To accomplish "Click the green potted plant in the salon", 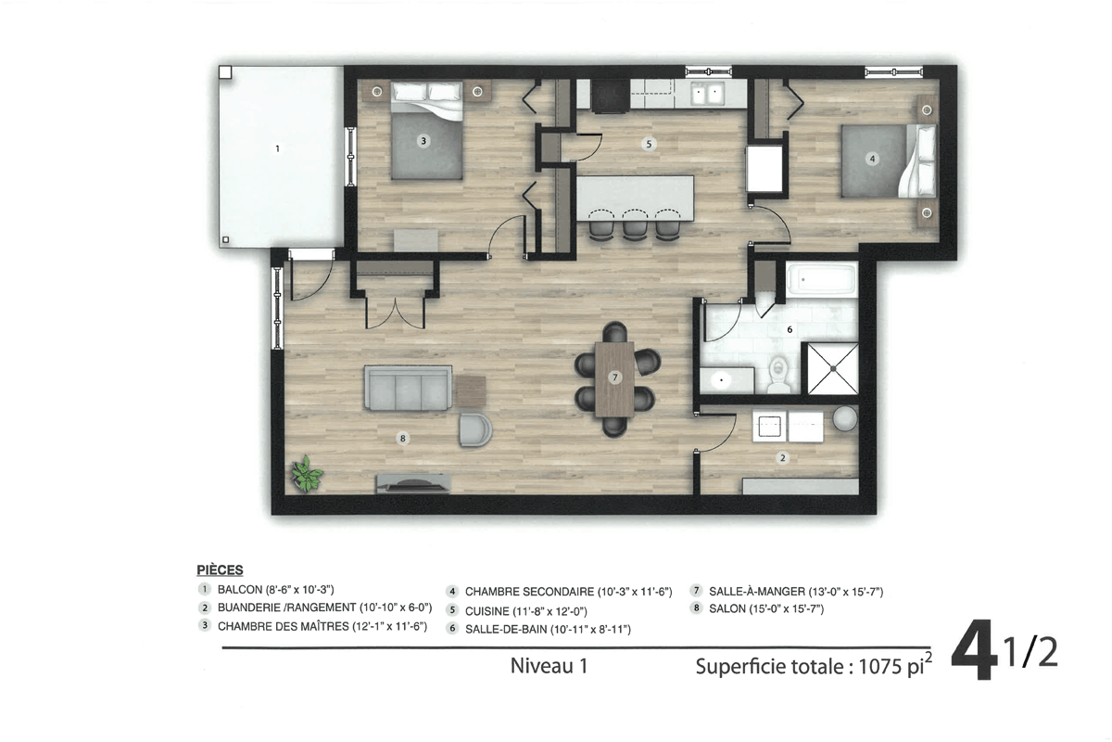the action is click(x=307, y=474).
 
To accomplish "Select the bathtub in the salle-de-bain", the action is click(x=822, y=280).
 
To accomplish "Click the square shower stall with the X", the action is click(x=832, y=368).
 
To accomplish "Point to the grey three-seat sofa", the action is click(x=408, y=388).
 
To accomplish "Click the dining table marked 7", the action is click(x=614, y=378).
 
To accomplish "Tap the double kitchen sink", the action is click(x=708, y=94).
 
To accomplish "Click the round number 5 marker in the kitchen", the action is click(x=649, y=144).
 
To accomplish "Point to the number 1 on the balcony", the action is click(x=277, y=148).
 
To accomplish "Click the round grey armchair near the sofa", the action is click(x=475, y=429).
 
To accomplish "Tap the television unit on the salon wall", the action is click(x=413, y=483).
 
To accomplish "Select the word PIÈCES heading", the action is click(x=220, y=569).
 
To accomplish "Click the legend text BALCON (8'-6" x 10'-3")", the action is click(x=275, y=589).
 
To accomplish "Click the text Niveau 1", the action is click(x=549, y=666).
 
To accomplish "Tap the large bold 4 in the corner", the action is click(x=975, y=649).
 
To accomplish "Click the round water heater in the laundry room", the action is click(x=845, y=418).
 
